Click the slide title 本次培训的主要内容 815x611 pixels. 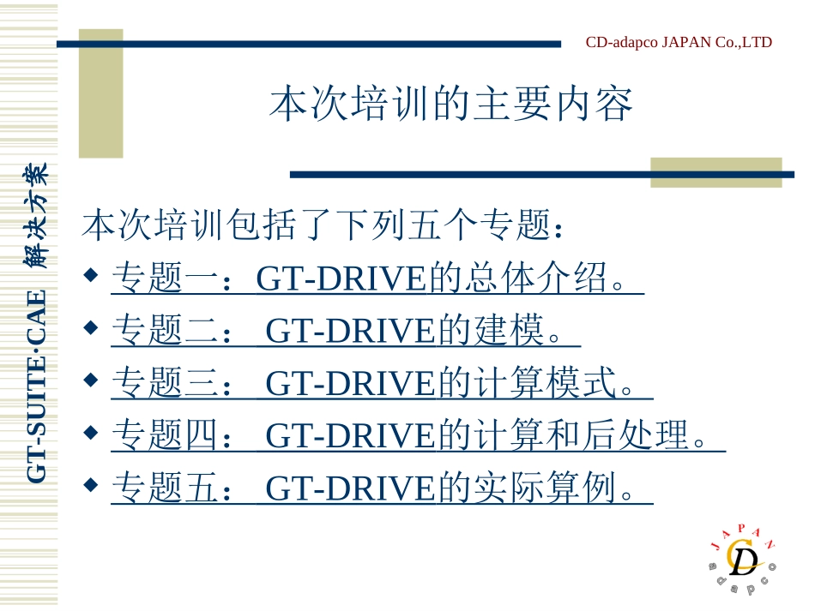pos(450,105)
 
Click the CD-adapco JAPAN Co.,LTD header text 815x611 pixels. pos(679,42)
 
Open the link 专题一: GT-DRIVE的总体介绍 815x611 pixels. pos(377,279)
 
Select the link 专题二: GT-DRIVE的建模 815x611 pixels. pos(346,331)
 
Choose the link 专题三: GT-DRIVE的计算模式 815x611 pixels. pos(382,384)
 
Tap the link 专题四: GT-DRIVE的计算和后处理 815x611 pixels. pos(418,436)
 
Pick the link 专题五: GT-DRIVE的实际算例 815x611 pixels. pos(382,488)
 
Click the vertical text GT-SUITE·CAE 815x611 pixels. pos(36,386)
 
